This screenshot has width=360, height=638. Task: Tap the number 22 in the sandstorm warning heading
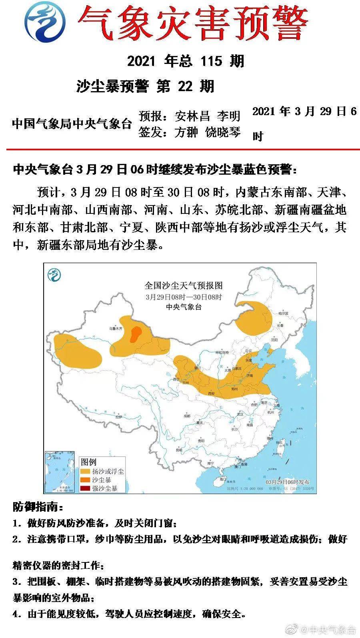coord(185,86)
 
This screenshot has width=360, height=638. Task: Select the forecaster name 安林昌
coord(192,116)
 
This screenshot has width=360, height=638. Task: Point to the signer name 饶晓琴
coord(223,132)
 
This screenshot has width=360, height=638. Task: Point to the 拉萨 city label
coord(118,417)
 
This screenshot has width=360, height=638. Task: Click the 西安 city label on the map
coord(212,394)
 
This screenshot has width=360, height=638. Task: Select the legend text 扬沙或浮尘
coord(108,472)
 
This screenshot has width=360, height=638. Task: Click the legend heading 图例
coord(88,462)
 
